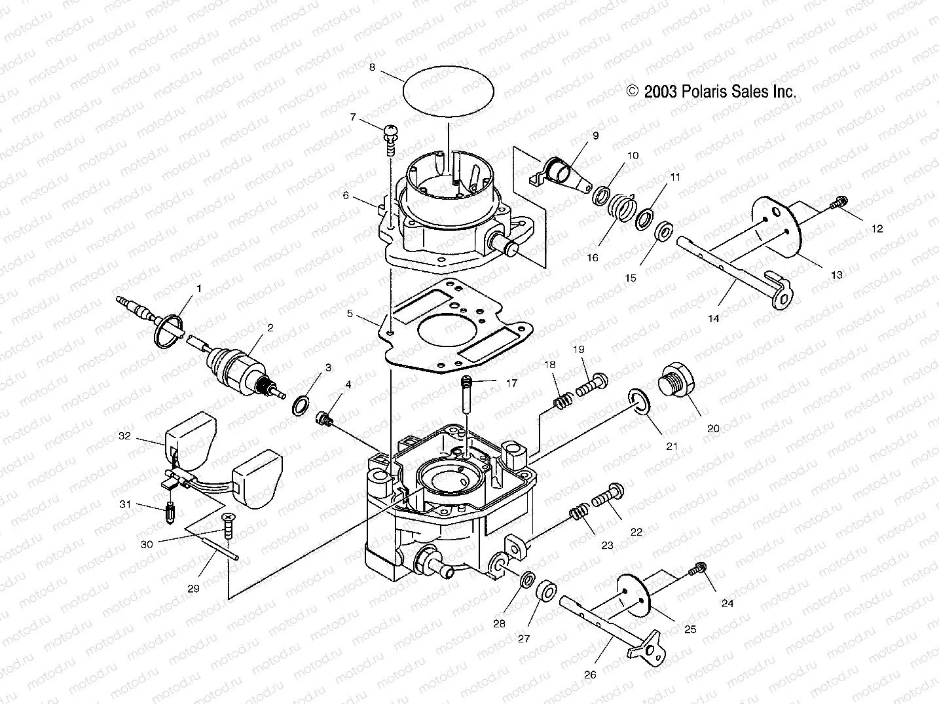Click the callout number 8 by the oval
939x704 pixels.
point(372,67)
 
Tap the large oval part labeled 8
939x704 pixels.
point(447,92)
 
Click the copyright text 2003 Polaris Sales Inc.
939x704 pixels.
point(711,92)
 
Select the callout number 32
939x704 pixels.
point(124,435)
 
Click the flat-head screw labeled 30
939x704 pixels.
point(228,526)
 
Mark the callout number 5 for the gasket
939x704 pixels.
point(350,314)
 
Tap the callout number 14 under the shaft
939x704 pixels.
point(713,319)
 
